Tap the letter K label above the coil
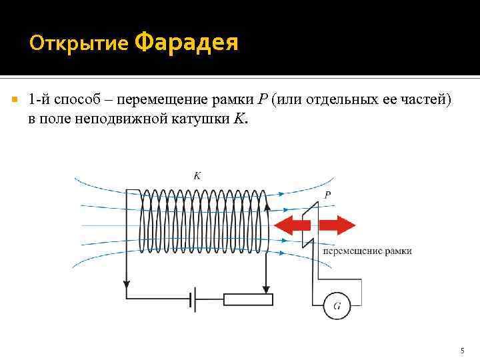click(197, 176)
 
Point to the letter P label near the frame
click(327, 195)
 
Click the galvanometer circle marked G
click(337, 306)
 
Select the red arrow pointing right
click(338, 225)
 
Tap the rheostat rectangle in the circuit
click(248, 299)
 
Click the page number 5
click(463, 351)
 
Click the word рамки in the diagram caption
click(398, 251)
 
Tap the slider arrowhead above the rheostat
click(266, 288)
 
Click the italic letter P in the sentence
click(262, 100)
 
